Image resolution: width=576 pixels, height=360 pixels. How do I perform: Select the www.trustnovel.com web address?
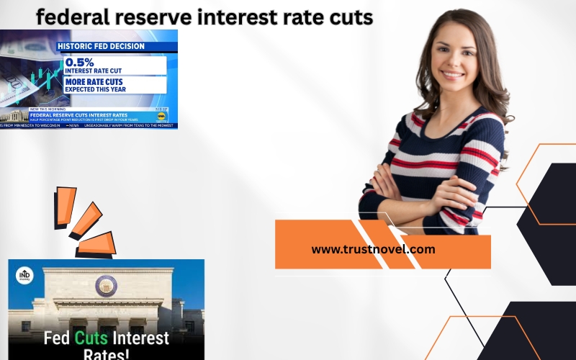point(373,249)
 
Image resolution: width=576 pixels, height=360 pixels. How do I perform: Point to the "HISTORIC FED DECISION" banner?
point(101,47)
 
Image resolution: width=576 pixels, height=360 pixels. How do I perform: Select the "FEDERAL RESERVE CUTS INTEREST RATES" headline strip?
point(79,114)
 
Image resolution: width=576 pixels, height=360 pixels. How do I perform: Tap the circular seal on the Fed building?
point(106,286)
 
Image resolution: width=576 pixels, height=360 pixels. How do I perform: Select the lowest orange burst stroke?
point(96,244)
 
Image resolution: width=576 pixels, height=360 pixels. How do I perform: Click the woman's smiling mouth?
point(453,73)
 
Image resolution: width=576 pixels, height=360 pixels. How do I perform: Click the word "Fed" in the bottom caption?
point(57,338)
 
